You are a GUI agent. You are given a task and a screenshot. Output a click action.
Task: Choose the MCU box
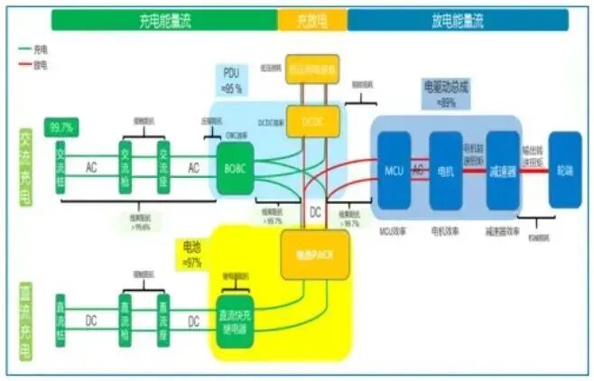pos(394,170)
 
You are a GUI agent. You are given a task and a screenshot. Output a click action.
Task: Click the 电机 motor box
pos(445,170)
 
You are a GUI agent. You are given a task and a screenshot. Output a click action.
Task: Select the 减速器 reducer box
pos(503,170)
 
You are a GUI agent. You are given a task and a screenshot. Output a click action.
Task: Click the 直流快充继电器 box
pos(237,321)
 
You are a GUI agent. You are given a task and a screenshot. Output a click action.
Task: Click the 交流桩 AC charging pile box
pos(61,167)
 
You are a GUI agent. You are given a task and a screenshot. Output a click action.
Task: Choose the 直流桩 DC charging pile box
pos(61,321)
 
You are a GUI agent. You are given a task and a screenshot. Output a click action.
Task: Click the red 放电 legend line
pos(23,65)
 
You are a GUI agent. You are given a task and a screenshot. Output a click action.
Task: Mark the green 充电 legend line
pos(23,51)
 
